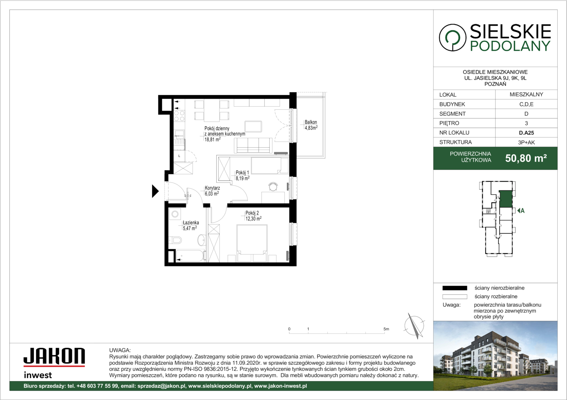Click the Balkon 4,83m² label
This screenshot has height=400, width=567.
click(x=311, y=125)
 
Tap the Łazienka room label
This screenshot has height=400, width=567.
click(x=191, y=223)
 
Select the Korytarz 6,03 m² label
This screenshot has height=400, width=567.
click(x=212, y=191)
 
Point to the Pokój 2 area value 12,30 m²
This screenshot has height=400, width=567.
click(x=253, y=219)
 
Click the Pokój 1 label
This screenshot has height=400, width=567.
click(x=242, y=173)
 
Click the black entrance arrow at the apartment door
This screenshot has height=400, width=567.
click(x=155, y=191)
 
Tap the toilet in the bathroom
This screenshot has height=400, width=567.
click(x=175, y=240)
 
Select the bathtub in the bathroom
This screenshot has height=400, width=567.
click(x=190, y=256)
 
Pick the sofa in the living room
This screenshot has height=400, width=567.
click(x=253, y=146)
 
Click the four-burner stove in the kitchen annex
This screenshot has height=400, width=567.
click(x=179, y=116)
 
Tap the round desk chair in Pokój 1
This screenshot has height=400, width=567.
click(x=273, y=187)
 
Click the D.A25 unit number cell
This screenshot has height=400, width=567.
click(x=526, y=133)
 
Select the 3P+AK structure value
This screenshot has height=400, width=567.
click(x=526, y=142)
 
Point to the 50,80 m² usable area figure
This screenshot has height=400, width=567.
click(x=526, y=158)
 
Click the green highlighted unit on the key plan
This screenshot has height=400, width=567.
click(x=506, y=199)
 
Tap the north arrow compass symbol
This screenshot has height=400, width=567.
click(x=414, y=326)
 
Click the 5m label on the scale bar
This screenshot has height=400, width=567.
click(x=386, y=329)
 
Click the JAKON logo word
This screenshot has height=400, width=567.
click(x=54, y=356)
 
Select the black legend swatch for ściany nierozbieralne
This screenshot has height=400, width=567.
click(x=455, y=288)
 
